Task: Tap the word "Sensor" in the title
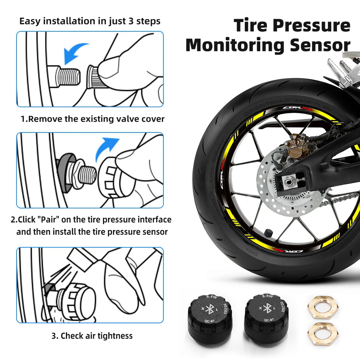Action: click(318, 45)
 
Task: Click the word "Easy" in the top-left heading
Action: click(30, 21)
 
